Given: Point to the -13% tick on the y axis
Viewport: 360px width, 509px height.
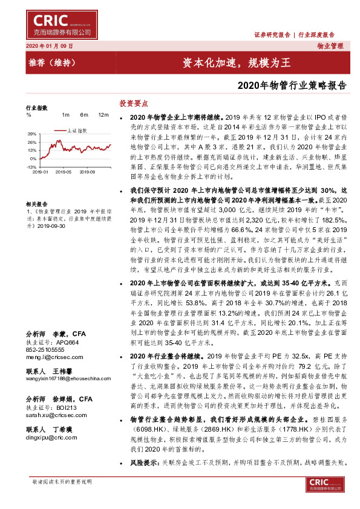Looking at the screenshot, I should tap(32, 166).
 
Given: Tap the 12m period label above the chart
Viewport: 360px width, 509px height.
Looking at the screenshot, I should tap(103, 114).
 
